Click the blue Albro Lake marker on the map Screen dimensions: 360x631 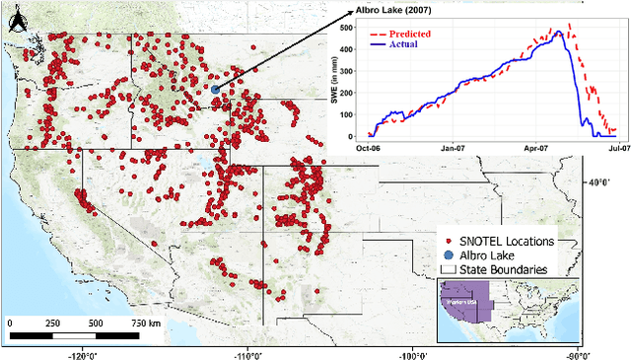[215, 89]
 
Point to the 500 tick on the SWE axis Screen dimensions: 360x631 [351, 27]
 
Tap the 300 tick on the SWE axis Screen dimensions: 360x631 [351, 70]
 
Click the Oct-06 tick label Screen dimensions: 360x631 [368, 148]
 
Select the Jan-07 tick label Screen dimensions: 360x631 [453, 148]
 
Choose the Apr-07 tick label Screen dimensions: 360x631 [536, 148]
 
